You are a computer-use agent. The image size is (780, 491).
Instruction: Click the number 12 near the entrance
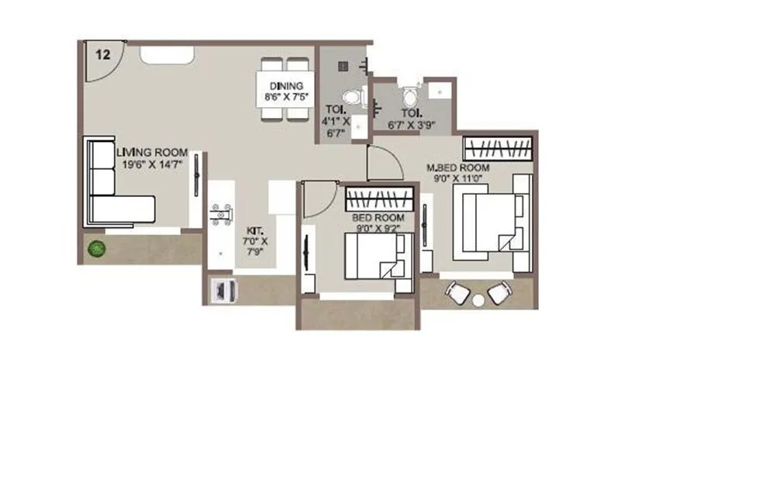[102, 54]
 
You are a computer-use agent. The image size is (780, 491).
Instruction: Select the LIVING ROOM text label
[153, 153]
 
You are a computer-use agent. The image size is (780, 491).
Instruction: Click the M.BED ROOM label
[459, 168]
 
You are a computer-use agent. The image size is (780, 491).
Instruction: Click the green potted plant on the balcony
[96, 249]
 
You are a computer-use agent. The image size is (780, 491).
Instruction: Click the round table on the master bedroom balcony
[478, 299]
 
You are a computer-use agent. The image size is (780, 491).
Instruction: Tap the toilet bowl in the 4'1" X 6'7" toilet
[353, 98]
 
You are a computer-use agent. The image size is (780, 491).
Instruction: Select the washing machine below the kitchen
[225, 290]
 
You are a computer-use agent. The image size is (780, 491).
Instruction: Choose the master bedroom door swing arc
[385, 163]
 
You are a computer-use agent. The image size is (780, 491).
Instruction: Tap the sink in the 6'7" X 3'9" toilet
[439, 92]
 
